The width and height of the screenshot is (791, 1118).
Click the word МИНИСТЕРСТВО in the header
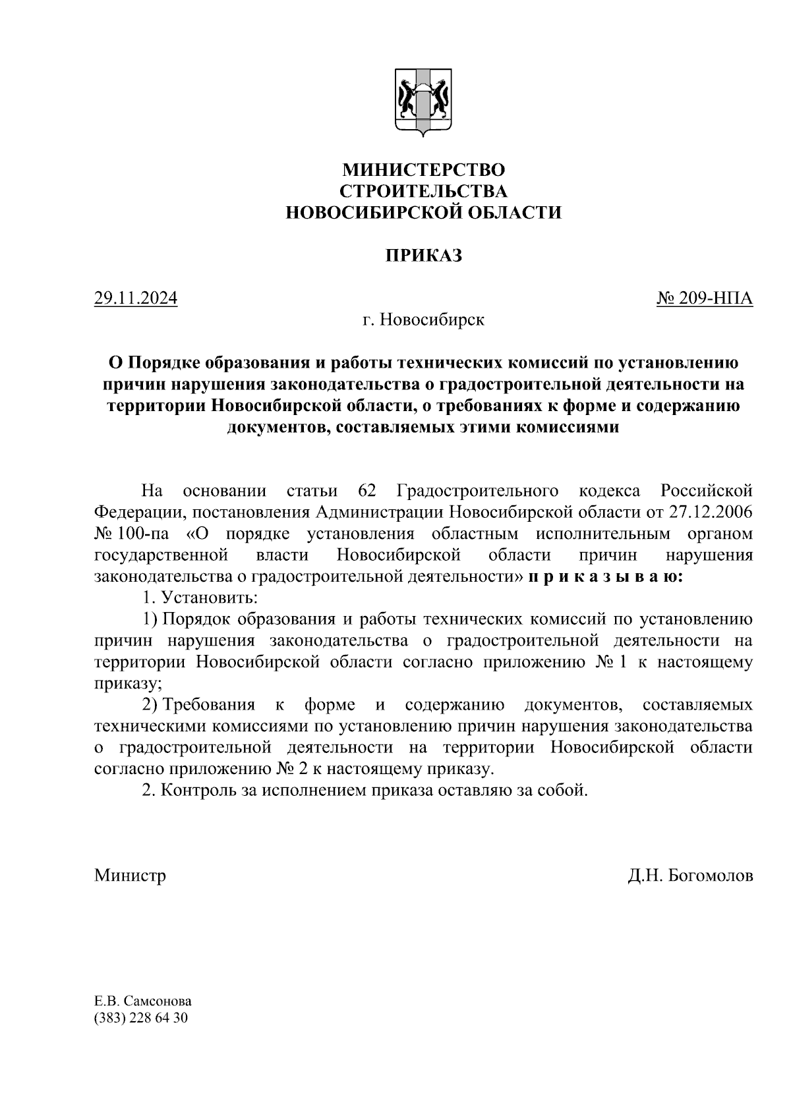(x=423, y=170)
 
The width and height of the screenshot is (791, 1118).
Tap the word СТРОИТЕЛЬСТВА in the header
(x=423, y=191)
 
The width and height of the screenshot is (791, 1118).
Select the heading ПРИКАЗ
(x=423, y=256)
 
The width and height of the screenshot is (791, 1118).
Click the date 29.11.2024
(x=136, y=298)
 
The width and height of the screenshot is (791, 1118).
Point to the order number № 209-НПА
(x=704, y=298)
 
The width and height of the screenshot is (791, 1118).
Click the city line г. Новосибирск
(x=423, y=320)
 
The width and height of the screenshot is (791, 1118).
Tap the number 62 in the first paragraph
(x=366, y=491)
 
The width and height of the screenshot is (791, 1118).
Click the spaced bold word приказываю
(x=605, y=576)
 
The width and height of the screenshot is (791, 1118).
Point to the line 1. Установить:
(x=200, y=598)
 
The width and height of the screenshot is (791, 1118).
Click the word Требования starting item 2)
(x=209, y=705)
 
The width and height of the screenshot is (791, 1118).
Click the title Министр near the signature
(x=130, y=876)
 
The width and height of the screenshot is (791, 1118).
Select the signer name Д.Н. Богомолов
(x=690, y=876)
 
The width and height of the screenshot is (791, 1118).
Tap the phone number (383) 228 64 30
(x=141, y=1018)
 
